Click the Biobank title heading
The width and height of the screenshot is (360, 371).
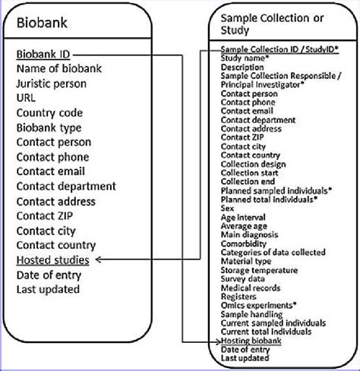[40, 23]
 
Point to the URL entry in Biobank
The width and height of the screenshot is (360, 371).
[27, 99]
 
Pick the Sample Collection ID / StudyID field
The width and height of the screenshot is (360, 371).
[279, 49]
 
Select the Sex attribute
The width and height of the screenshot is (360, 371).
[227, 206]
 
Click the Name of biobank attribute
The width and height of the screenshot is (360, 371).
[58, 70]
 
